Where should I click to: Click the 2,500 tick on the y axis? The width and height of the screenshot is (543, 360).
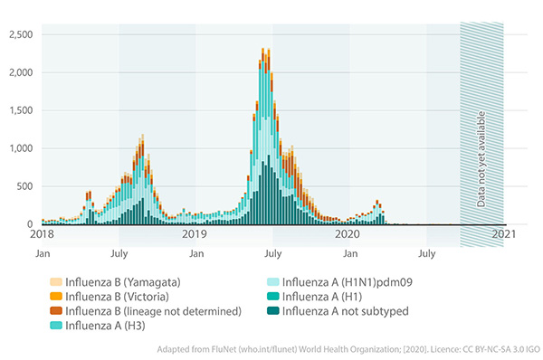tap(20, 34)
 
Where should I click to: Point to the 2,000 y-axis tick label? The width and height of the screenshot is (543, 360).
tap(20, 72)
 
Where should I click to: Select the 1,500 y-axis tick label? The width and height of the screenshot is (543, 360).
tap(20, 110)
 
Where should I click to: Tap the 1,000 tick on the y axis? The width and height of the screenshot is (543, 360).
tap(20, 148)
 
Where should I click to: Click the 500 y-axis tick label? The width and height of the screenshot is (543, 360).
tap(24, 186)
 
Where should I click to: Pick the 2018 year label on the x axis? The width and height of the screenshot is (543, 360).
tap(43, 234)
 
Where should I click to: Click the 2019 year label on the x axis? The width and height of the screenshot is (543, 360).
tap(195, 234)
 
